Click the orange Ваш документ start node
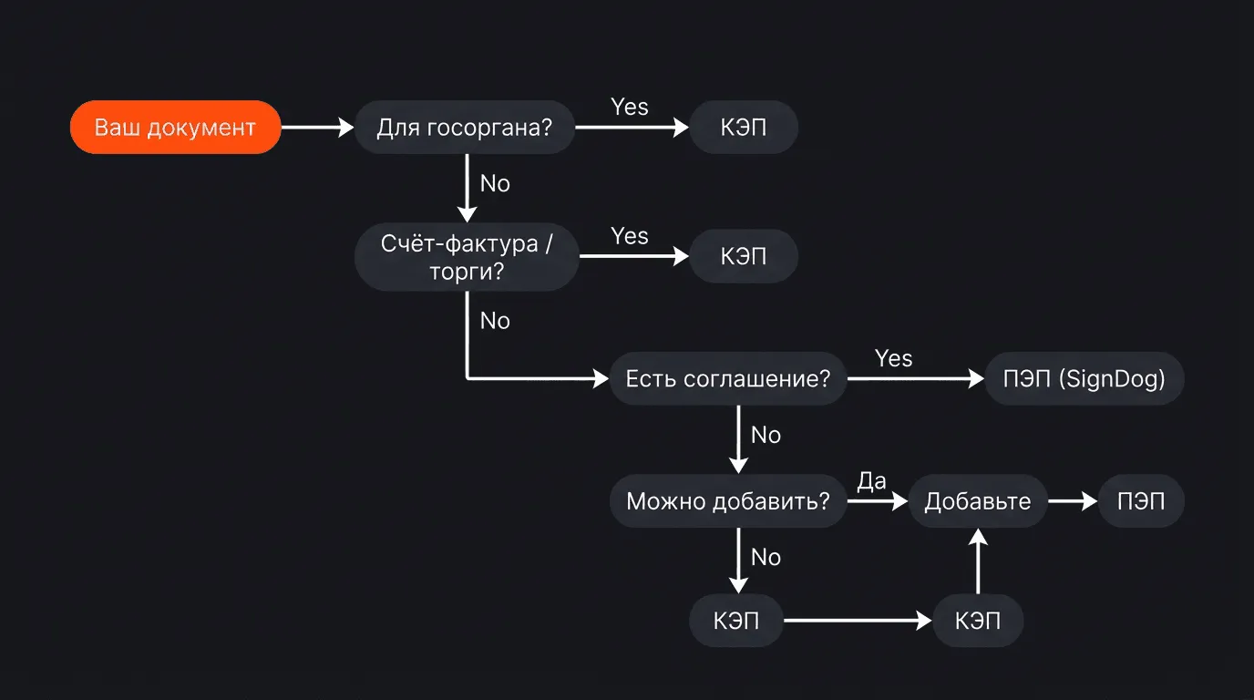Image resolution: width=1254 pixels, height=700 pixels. (175, 128)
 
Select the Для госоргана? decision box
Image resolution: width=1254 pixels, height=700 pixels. (465, 128)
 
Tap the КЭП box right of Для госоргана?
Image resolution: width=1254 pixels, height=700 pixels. (744, 128)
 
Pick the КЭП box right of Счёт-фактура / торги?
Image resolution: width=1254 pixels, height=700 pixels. (744, 257)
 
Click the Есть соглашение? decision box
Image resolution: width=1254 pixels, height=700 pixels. (728, 378)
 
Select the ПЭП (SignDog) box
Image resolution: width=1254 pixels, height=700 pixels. (1084, 378)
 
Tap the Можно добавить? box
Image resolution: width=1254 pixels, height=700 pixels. (728, 501)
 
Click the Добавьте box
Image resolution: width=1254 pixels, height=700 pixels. (978, 501)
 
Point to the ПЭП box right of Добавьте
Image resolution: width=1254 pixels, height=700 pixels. (1141, 501)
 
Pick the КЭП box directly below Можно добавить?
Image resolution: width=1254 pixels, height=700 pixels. (736, 622)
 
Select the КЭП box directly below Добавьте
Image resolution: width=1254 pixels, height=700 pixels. (978, 622)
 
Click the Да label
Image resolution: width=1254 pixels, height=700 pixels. (871, 481)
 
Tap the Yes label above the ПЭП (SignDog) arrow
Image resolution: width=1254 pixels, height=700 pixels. (893, 358)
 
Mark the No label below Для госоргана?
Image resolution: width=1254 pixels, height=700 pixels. (495, 183)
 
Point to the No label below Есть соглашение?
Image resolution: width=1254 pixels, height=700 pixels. (766, 435)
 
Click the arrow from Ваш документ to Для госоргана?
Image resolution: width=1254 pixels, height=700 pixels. (316, 128)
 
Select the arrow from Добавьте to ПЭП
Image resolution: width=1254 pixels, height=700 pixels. (1073, 501)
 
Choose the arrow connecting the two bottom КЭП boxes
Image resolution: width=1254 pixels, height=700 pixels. (858, 622)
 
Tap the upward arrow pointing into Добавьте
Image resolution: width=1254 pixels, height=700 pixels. (978, 565)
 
